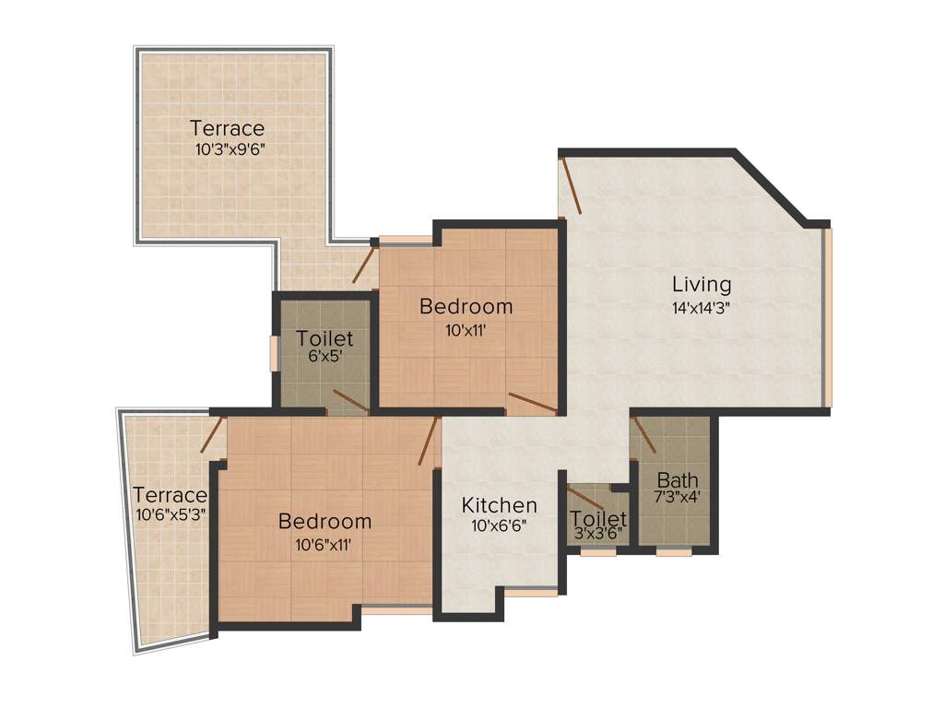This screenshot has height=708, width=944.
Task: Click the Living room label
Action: coord(701,284)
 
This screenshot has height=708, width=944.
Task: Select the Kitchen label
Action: coord(499,505)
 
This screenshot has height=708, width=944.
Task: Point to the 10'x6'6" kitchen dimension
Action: coord(499,526)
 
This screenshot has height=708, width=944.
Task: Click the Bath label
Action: coord(677,480)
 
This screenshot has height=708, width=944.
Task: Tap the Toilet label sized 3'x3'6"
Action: coord(598,519)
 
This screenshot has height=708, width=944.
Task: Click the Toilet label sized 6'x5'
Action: coord(324,339)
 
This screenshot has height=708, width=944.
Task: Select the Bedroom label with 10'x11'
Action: coord(466,306)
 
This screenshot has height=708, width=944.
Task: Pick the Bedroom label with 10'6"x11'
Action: coord(324,522)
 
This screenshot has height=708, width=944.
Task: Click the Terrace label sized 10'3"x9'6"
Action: coord(227,128)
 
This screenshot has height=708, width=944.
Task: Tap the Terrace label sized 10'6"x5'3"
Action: coord(170,495)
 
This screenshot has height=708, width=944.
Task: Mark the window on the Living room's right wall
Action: coord(828,317)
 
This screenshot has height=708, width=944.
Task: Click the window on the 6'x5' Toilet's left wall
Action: coord(273,354)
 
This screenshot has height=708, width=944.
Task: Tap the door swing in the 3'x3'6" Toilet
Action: coord(587,501)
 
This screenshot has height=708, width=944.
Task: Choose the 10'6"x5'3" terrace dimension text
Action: coord(170,514)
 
